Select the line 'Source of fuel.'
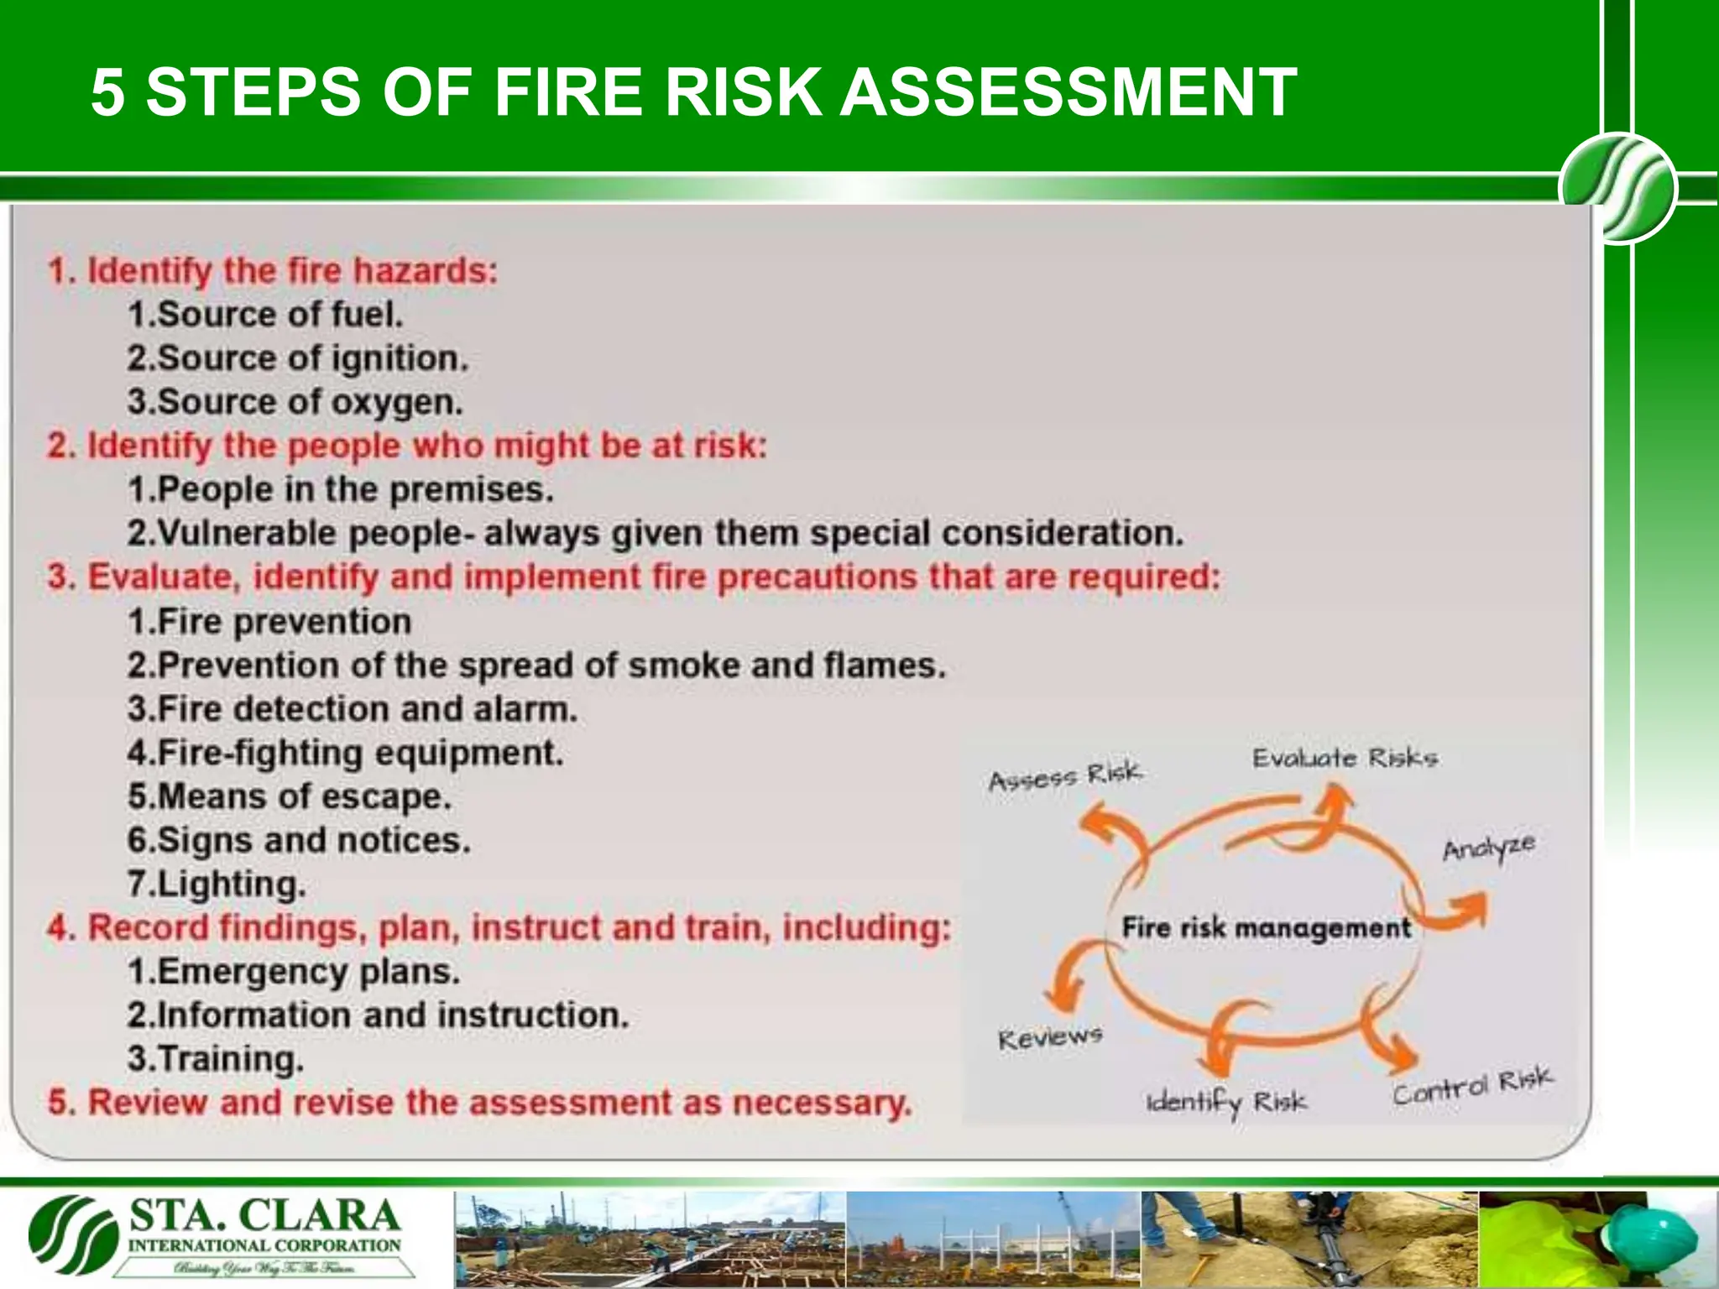pos(265,315)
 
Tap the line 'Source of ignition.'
pos(297,358)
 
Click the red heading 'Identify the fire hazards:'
pos(274,271)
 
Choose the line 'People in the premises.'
pos(341,489)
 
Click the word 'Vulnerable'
pos(246,534)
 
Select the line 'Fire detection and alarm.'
pos(353,709)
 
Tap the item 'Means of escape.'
pos(290,796)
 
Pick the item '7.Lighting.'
pos(217,885)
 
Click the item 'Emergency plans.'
pos(294,972)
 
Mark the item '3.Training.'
pos(215,1059)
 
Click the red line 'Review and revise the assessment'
pos(478,1103)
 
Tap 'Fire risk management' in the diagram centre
pos(1266,928)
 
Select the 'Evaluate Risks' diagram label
pos(1345,759)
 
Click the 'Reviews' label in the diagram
pos(1049,1039)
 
